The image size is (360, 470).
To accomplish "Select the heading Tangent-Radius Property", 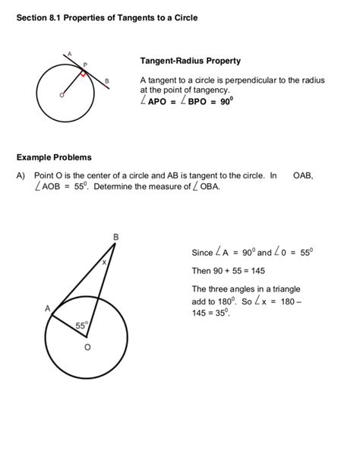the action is (190, 61).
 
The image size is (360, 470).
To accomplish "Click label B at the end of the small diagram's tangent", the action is (107, 80).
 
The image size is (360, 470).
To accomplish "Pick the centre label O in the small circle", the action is (62, 96).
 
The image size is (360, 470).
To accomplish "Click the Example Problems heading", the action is (53, 157).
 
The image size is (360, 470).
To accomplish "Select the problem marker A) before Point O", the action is (20, 175).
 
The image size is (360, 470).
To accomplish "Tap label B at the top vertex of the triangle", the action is (115, 237).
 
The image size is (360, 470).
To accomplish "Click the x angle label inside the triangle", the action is (104, 261).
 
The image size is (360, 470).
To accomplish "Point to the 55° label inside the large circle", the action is (83, 325).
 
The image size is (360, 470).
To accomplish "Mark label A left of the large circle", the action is (46, 309).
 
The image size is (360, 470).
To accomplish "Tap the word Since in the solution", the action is (202, 252).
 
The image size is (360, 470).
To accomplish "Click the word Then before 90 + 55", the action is (201, 270).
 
